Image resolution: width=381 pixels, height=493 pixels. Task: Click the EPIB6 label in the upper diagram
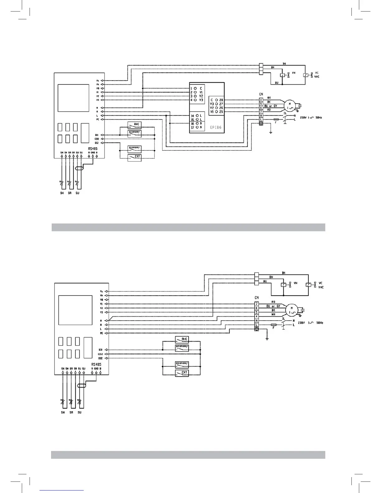(x=215, y=127)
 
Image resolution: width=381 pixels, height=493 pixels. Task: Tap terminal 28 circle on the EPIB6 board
(x=216, y=100)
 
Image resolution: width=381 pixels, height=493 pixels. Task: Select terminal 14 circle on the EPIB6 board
(x=197, y=115)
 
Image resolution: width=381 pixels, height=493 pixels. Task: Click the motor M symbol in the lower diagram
(x=292, y=310)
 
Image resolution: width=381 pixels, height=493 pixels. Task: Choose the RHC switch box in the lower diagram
(x=182, y=339)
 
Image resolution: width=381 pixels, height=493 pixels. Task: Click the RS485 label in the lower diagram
(x=96, y=364)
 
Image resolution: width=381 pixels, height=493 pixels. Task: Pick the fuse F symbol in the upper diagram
(x=275, y=119)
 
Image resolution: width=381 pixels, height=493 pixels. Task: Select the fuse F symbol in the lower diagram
(x=274, y=325)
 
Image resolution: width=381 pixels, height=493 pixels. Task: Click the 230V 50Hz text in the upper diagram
(x=311, y=118)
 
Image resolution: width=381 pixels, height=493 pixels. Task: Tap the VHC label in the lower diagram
(x=321, y=287)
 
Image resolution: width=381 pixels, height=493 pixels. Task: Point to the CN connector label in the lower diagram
(x=256, y=298)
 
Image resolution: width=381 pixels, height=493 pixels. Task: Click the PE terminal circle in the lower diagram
(x=106, y=333)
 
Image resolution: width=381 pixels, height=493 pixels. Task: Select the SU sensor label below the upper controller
(x=77, y=193)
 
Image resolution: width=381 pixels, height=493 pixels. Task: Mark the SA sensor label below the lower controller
(x=71, y=412)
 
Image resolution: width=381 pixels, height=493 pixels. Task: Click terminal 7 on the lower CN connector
(x=256, y=304)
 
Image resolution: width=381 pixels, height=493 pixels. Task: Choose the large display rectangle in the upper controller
(x=73, y=98)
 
